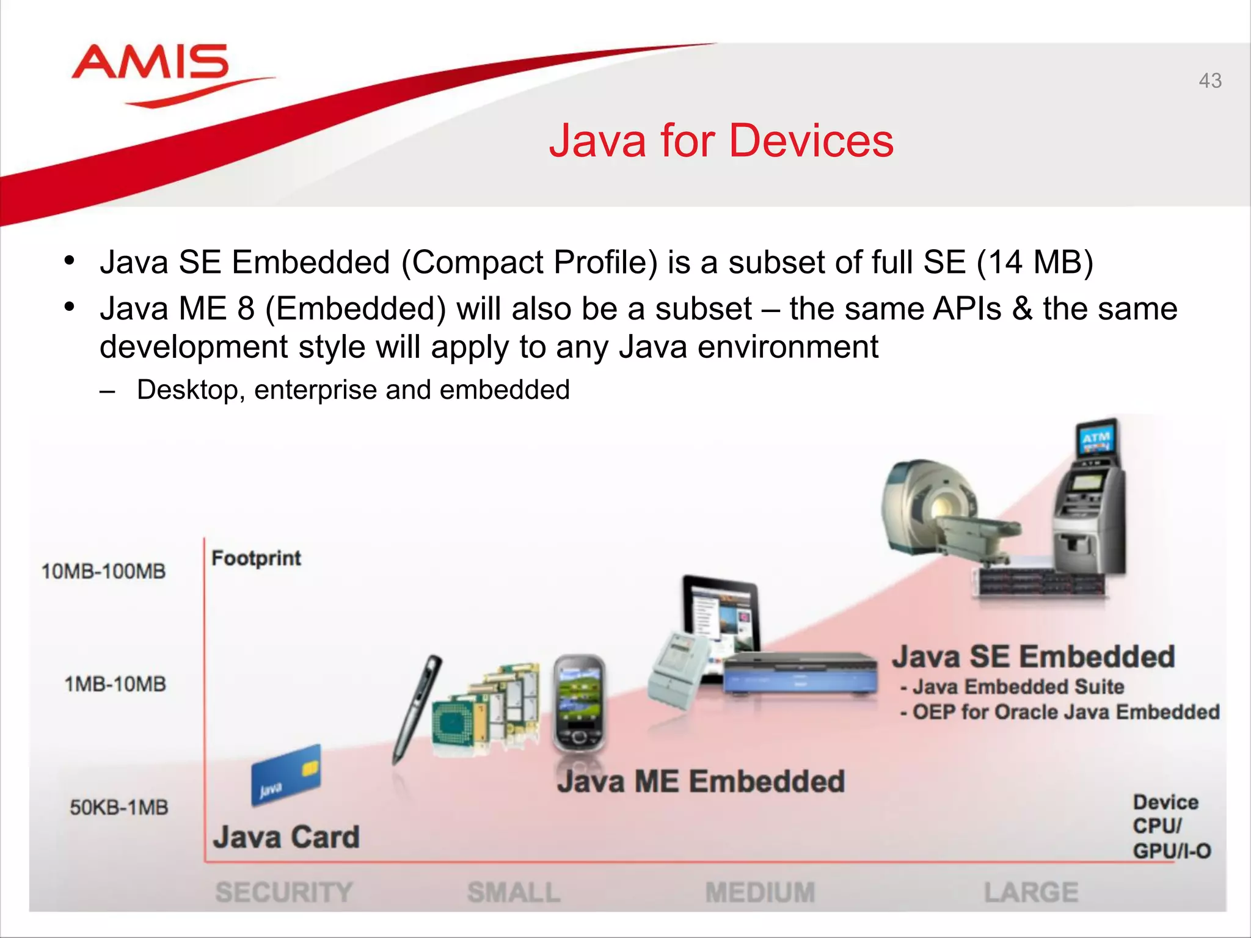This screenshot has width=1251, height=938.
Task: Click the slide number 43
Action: tap(1209, 81)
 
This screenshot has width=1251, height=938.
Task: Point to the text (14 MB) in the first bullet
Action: tap(1035, 263)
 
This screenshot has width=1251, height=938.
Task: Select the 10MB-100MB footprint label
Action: tap(103, 572)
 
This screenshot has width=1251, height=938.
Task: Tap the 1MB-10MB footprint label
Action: tap(115, 684)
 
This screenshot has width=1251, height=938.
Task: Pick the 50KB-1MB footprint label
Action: tap(119, 807)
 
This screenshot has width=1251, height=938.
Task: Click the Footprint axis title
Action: tap(256, 558)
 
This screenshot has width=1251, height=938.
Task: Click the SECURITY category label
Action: tap(284, 892)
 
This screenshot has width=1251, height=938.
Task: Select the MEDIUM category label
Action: tap(760, 892)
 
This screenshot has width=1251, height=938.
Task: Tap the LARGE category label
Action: tap(1031, 892)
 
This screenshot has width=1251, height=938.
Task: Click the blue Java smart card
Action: tap(286, 774)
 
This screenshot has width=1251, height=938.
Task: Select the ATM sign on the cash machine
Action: tap(1096, 438)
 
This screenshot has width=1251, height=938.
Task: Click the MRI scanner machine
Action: tap(935, 507)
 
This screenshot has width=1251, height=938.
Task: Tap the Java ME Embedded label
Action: tap(701, 782)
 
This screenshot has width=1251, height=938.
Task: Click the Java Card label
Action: tap(286, 837)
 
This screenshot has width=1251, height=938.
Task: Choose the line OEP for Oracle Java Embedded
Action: tap(1060, 712)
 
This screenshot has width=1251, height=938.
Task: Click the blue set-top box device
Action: tap(800, 675)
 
